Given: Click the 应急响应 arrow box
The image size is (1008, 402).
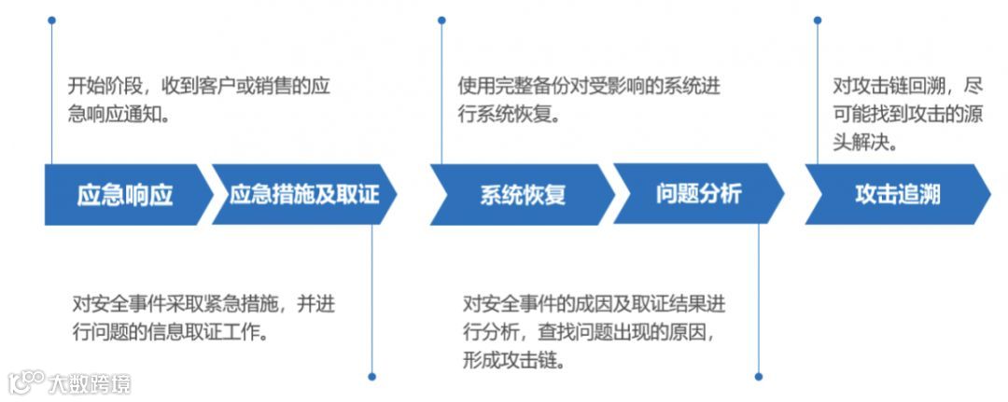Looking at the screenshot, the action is pos(125,195).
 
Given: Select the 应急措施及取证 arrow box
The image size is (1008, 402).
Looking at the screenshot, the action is pos(304,195).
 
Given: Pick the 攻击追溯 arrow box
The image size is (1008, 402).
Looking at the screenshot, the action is pos(897,194).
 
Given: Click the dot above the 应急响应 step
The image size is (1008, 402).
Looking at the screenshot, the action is pos(51,20).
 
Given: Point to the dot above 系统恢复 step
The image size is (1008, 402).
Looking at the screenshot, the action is pos(441,20).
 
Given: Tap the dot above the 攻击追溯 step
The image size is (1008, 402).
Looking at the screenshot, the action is pos(818,20).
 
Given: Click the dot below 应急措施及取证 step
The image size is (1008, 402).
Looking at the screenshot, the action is pos(371,377).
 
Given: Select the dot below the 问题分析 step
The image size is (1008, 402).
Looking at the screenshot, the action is pos(758,377).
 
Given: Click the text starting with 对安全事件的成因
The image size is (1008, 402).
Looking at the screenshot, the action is pos(594,332).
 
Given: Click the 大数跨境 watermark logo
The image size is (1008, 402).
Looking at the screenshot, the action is pos(70,382).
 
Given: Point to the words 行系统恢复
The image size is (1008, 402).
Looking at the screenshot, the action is pos(513,117).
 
